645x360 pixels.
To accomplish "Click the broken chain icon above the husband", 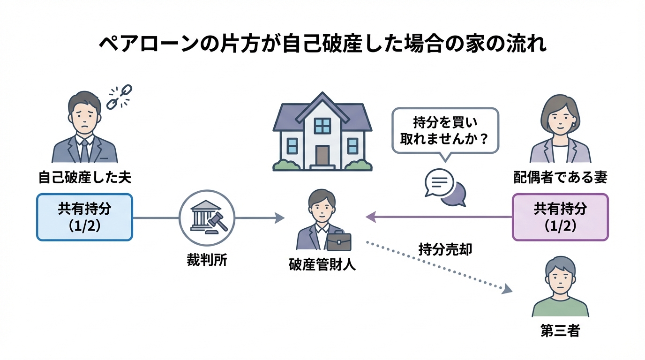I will [x=120, y=96].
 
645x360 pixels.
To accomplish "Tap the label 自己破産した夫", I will [x=85, y=178].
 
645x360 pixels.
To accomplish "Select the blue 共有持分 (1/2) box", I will [x=85, y=217].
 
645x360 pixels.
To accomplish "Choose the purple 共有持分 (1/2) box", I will [x=560, y=217].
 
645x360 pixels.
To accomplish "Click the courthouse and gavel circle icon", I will [x=207, y=217].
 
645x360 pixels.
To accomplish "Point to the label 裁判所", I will [x=207, y=261].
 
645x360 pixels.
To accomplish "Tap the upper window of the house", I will [x=322, y=126].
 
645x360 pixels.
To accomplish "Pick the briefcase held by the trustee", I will [x=338, y=242].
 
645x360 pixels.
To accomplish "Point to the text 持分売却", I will [x=445, y=249].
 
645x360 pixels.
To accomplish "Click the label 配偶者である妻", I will [x=560, y=178].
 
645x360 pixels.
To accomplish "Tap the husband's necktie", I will [x=84, y=150].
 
